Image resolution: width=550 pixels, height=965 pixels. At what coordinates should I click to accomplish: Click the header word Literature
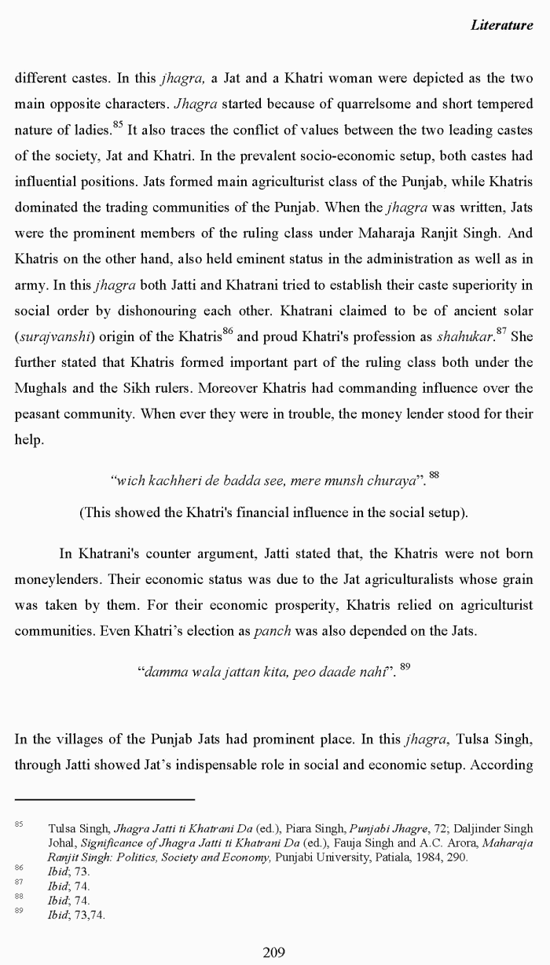501,25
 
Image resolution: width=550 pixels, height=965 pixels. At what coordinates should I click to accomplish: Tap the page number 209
273,952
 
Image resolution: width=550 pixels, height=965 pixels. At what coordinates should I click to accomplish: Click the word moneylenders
53,580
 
